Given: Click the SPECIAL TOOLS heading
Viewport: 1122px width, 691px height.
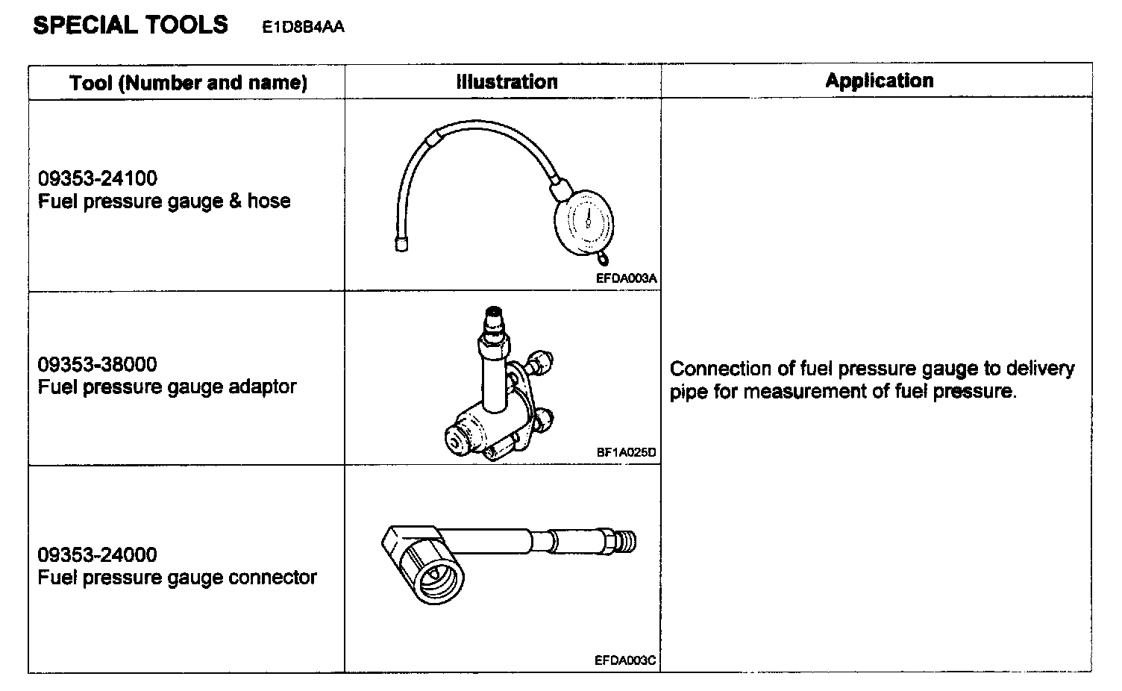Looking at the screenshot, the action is (x=131, y=25).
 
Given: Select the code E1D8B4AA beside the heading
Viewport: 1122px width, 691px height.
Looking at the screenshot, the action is (x=303, y=28).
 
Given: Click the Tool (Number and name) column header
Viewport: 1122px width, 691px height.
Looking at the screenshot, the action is (x=188, y=82).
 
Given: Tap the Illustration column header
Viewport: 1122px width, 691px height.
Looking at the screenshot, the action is (x=507, y=81).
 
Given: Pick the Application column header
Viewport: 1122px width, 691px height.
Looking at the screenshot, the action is (x=879, y=81).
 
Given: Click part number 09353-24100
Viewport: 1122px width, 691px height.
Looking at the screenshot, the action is (x=98, y=179).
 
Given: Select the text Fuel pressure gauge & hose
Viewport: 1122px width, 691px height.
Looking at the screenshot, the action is (x=164, y=201).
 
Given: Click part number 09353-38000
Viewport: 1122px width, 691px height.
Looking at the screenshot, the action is (x=98, y=365).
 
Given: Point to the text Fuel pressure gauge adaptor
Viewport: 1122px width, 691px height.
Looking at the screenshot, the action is (x=167, y=387).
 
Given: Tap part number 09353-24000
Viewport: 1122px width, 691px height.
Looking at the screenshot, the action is (x=98, y=555).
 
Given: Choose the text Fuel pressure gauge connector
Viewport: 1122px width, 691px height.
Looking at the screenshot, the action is (x=178, y=578).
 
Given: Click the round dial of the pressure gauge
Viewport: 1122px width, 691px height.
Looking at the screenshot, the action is (x=585, y=221).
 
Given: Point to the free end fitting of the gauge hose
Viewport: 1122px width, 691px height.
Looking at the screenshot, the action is (x=401, y=244).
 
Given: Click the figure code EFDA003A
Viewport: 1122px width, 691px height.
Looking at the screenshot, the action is (x=626, y=279).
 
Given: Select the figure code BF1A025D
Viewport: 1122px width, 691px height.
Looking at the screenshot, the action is (x=627, y=452).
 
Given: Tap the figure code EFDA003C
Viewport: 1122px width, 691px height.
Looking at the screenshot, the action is (x=625, y=660).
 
